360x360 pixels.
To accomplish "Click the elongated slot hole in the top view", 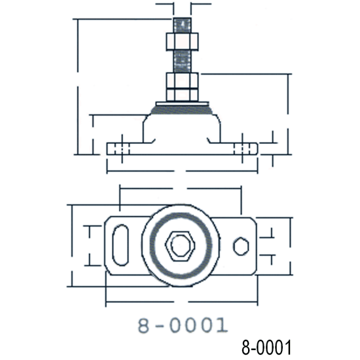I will (x=121, y=245).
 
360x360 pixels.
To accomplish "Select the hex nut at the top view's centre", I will (x=177, y=245).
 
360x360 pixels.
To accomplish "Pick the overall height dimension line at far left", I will (x=77, y=85).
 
